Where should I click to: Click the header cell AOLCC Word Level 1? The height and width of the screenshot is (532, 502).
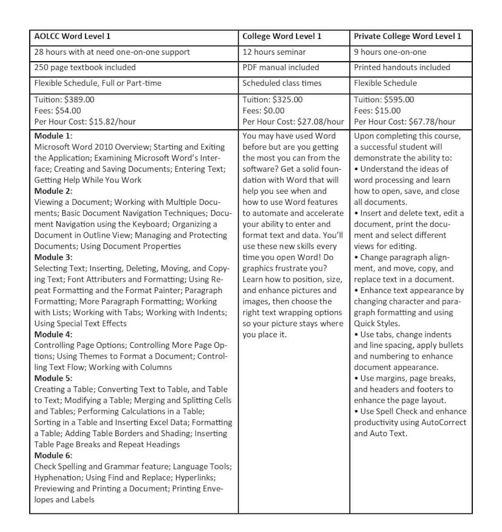(x=72, y=37)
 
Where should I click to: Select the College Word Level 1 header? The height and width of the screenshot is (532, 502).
(x=282, y=37)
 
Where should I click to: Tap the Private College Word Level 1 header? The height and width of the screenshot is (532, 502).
(x=407, y=37)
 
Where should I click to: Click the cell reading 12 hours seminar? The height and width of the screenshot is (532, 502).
(x=274, y=52)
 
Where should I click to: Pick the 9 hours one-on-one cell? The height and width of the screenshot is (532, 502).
(x=390, y=52)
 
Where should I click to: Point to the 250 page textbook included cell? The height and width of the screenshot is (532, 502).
(x=85, y=68)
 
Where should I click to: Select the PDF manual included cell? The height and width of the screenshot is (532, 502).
(x=281, y=68)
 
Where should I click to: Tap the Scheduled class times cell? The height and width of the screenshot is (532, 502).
(x=281, y=83)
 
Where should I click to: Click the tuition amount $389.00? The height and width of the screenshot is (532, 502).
(x=80, y=99)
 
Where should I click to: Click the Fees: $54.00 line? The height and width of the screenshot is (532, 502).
(x=58, y=111)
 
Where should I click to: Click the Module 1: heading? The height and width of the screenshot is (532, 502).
(x=54, y=136)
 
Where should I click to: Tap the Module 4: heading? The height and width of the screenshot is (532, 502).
(x=54, y=335)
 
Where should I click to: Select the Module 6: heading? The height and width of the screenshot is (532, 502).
(x=54, y=455)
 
